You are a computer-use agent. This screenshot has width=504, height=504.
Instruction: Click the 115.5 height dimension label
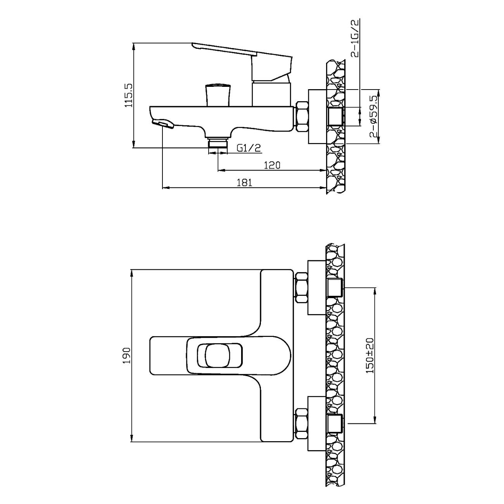coord(129,95)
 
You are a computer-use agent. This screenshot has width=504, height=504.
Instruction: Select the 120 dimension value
coord(272,165)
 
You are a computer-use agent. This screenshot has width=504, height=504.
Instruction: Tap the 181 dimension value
coord(244,183)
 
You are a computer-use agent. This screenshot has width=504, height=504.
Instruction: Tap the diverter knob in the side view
coord(218,94)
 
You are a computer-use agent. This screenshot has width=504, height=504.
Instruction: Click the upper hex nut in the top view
coord(301,287)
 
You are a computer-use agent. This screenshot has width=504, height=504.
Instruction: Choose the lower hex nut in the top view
coord(301,424)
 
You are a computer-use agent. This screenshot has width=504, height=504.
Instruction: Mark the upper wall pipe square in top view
coord(335,287)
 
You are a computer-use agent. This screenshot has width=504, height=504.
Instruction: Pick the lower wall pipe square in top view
coord(335,424)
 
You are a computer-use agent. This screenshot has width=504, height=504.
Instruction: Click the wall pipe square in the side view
coord(335,116)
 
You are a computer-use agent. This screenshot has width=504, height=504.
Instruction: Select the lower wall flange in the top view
coord(317,424)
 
